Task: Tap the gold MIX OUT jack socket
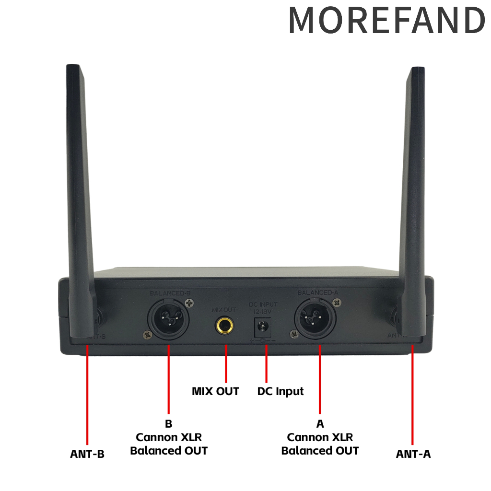224,327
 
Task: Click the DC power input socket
262,328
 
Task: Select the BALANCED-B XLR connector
169,319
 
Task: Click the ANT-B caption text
87,454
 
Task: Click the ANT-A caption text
413,454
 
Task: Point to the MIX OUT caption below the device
215,391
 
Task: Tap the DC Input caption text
281,391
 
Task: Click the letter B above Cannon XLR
168,424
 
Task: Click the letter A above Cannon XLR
320,424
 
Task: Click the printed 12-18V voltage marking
263,312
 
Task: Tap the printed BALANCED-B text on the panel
170,293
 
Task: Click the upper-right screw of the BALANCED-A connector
339,302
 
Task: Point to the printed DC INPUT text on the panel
263,304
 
